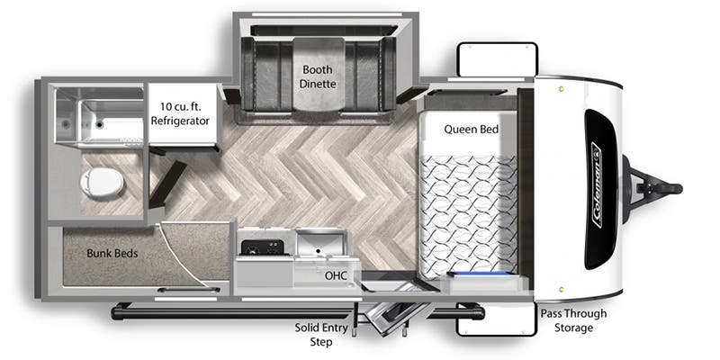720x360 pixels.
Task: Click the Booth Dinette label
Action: (318, 76)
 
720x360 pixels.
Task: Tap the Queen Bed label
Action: (471, 130)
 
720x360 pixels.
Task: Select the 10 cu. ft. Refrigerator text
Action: (180, 114)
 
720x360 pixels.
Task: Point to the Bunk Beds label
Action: (112, 253)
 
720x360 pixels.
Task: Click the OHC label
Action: (336, 275)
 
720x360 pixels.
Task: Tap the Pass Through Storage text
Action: (573, 320)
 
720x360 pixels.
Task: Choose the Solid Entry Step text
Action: (321, 335)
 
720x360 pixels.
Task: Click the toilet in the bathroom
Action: (102, 183)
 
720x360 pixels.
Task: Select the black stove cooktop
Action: (265, 247)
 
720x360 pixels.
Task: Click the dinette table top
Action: (319, 75)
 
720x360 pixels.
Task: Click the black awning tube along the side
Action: (298, 313)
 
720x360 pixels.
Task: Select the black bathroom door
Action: (167, 184)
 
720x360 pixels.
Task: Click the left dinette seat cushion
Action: (267, 74)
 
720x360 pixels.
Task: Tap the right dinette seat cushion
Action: (368, 74)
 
